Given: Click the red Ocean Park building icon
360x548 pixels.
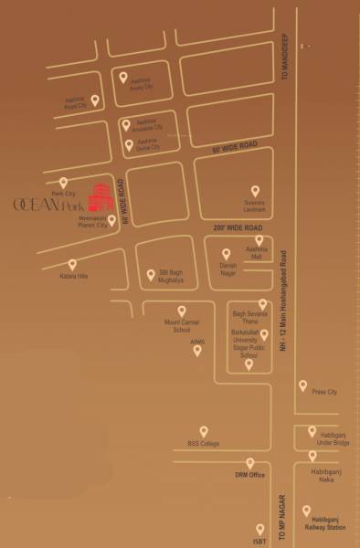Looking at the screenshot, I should [98, 195].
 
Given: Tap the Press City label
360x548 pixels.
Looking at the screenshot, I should [324, 392].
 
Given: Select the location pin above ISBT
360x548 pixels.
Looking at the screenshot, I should [260, 529].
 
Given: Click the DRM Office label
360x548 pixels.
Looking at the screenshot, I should [249, 476].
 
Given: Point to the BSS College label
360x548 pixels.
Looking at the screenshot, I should [204, 444].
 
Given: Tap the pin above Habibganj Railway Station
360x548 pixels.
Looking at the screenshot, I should [307, 511].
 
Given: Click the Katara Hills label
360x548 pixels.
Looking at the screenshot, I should [74, 275].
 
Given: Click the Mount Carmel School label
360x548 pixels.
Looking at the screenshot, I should [176, 326].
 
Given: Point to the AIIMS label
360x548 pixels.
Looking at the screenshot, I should [197, 342].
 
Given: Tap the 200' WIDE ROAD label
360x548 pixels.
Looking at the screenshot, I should [238, 226].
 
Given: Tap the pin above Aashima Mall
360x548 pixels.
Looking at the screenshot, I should [259, 239].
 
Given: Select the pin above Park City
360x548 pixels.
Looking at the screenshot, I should [63, 183].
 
